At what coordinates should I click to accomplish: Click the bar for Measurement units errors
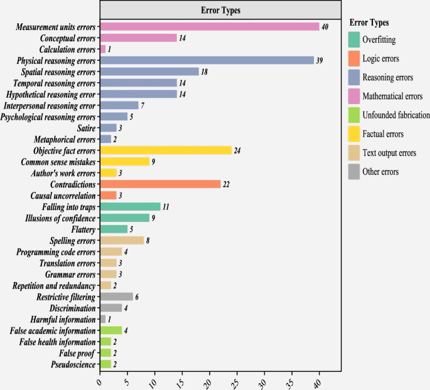[x=210, y=26]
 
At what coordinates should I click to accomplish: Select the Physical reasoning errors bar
[x=207, y=60]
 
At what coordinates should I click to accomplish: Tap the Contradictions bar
[x=161, y=184]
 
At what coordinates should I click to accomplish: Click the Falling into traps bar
[x=131, y=207]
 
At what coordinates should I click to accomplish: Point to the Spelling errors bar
[x=122, y=240]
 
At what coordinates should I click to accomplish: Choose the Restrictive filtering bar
[x=117, y=297]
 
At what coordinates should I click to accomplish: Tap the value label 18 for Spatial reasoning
[x=205, y=72]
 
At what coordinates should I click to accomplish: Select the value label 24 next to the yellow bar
[x=238, y=151]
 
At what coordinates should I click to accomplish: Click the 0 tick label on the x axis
[x=99, y=380]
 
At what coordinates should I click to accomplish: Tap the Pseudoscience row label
[x=74, y=364]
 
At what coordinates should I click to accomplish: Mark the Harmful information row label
[x=63, y=319]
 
